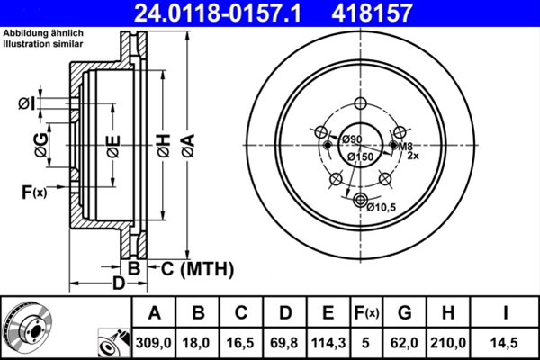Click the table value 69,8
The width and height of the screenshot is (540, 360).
click(x=284, y=342)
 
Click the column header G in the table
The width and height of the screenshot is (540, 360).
click(x=405, y=313)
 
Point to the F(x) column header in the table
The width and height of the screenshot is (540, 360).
click(x=367, y=313)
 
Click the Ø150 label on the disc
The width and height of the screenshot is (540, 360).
click(x=360, y=157)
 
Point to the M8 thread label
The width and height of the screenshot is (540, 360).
click(x=406, y=146)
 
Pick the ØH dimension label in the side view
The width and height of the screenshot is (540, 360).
click(x=163, y=145)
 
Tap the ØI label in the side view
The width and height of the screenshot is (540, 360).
click(x=26, y=104)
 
